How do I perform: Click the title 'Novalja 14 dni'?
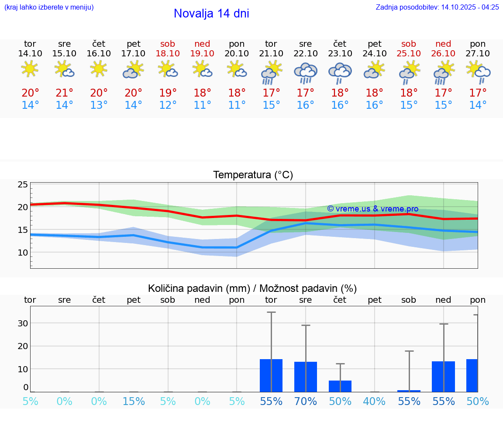click(211, 14)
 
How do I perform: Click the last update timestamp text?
click(437, 7)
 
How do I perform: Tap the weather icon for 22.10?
click(306, 73)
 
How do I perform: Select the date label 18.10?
click(168, 53)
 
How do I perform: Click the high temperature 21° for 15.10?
click(64, 93)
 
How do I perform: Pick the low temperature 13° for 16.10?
click(99, 105)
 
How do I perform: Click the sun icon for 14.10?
click(30, 69)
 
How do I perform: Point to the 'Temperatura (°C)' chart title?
click(253, 175)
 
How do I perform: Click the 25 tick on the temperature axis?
click(23, 184)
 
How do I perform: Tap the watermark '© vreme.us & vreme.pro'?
click(372, 209)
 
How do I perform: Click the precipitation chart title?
click(252, 288)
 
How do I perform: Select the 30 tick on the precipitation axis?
click(23, 323)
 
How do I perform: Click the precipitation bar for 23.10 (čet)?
click(340, 386)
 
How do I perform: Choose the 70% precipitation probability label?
click(306, 401)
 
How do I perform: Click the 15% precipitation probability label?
click(133, 401)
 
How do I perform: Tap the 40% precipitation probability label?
click(374, 401)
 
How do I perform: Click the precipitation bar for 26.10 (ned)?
click(443, 377)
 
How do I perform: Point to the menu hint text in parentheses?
click(49, 7)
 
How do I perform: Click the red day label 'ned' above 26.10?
click(443, 44)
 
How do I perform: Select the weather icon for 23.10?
click(340, 73)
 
